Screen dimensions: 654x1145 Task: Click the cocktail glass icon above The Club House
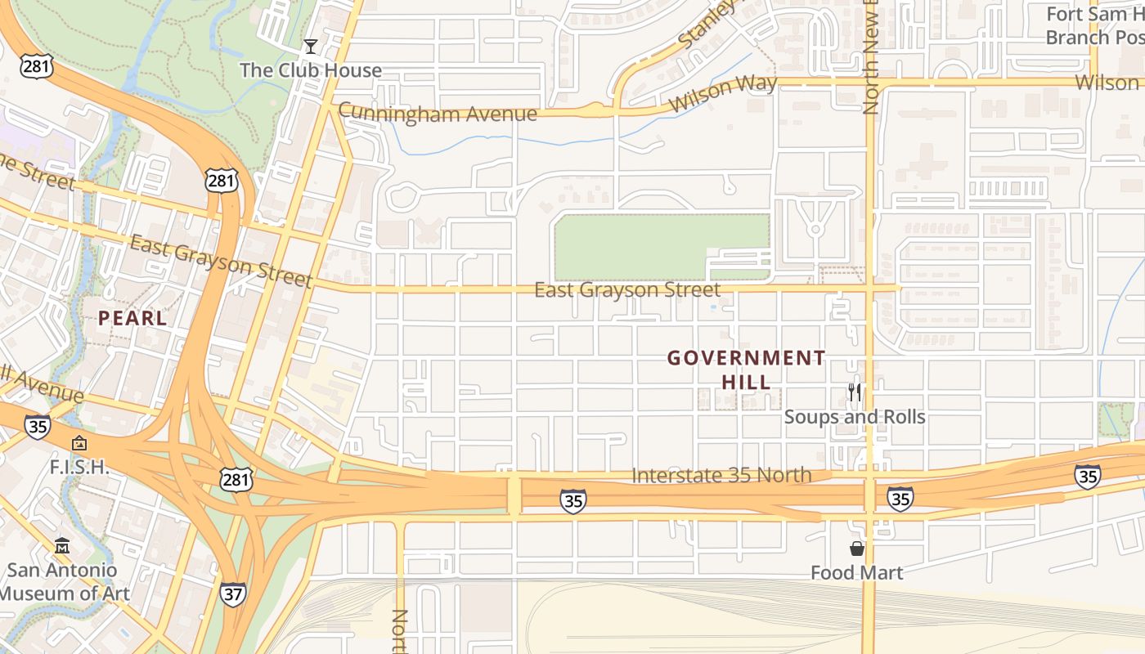click(310, 46)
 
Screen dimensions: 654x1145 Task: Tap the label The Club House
click(310, 70)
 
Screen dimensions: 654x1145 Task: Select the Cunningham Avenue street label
click(438, 113)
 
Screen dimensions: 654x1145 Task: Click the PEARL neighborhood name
click(132, 318)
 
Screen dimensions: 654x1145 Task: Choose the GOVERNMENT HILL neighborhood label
click(746, 370)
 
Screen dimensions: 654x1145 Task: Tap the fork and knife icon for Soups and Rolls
click(855, 392)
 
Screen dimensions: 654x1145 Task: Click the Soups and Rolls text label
click(855, 417)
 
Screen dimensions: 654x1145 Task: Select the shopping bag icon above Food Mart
click(857, 549)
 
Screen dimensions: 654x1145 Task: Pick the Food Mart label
click(857, 572)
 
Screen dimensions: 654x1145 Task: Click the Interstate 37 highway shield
click(232, 594)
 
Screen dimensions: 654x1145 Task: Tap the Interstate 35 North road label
click(722, 475)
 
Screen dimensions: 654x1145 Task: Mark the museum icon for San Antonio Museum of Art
click(62, 545)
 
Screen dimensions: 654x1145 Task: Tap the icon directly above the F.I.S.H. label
click(79, 444)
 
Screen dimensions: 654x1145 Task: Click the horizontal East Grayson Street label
click(627, 289)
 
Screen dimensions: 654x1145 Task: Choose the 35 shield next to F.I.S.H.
click(37, 426)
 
